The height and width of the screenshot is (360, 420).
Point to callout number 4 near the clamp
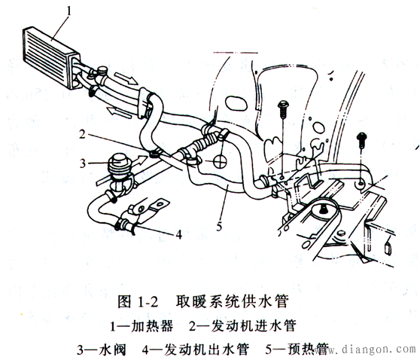pos(179,234)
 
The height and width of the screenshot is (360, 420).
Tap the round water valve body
pos(117,163)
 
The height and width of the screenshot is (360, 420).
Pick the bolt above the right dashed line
pos(361,138)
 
